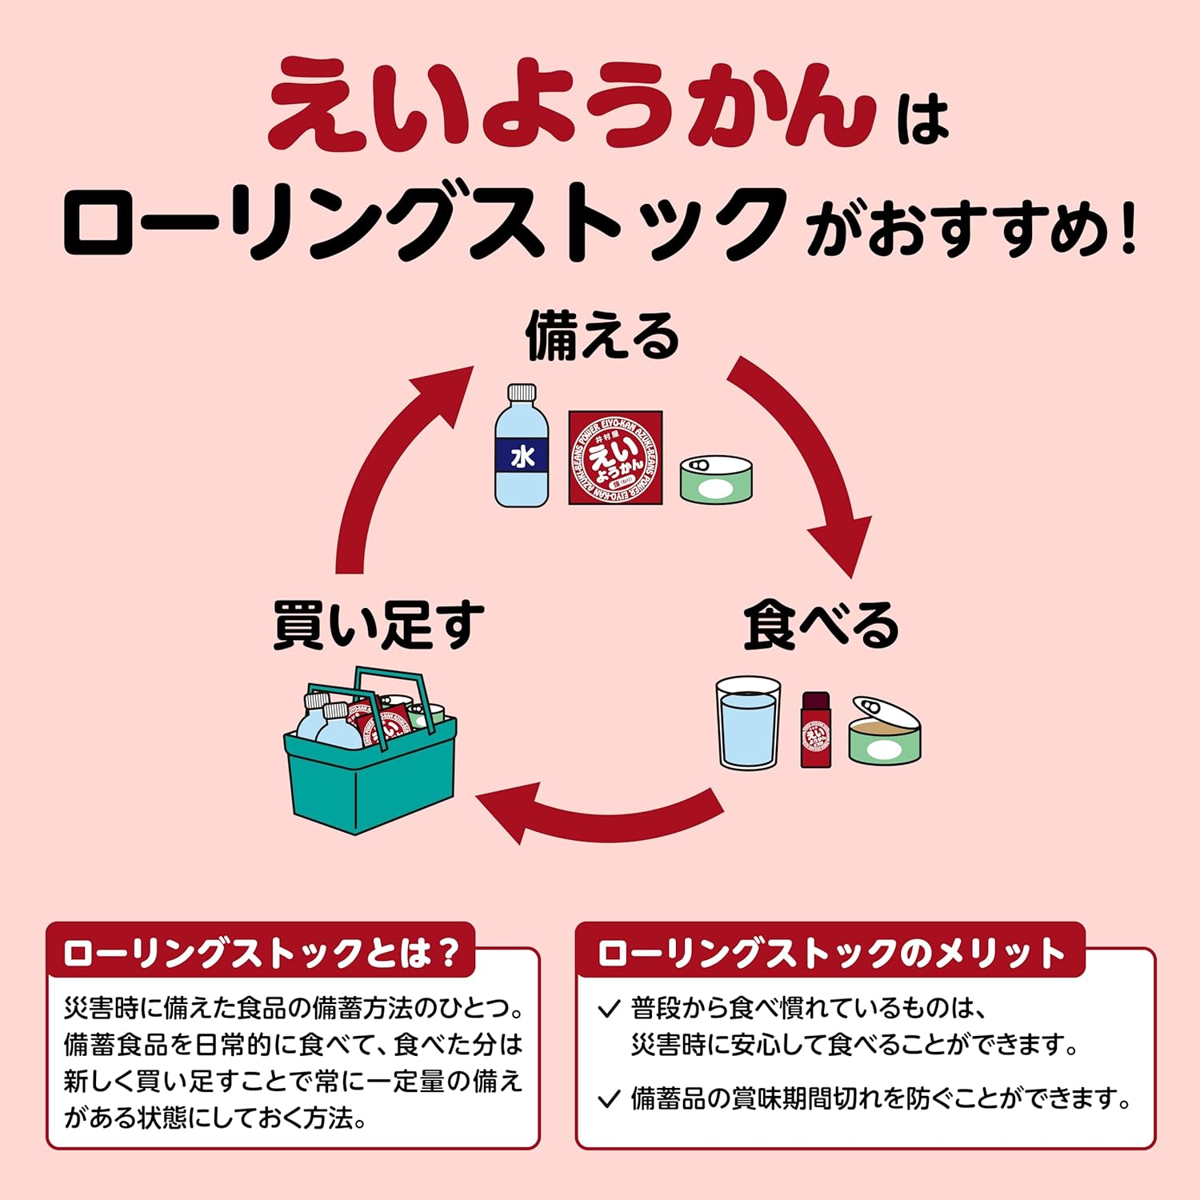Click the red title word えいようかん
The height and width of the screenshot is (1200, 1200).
tap(572, 104)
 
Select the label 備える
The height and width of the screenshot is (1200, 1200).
tap(602, 336)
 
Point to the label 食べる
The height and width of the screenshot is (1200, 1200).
tap(821, 625)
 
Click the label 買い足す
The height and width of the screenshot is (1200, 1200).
tap(378, 625)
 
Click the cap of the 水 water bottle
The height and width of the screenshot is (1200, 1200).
tap(522, 392)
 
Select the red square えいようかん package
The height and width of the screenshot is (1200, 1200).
tap(615, 458)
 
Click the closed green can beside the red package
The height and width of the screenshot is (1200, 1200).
tap(716, 479)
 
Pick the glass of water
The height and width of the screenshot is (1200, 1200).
tap(748, 723)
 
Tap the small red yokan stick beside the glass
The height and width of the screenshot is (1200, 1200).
tap(816, 730)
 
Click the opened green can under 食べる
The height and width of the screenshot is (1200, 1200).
tap(885, 731)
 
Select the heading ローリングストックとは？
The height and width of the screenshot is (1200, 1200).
tap(261, 953)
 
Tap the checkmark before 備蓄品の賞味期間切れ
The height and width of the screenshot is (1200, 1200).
tap(610, 1099)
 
